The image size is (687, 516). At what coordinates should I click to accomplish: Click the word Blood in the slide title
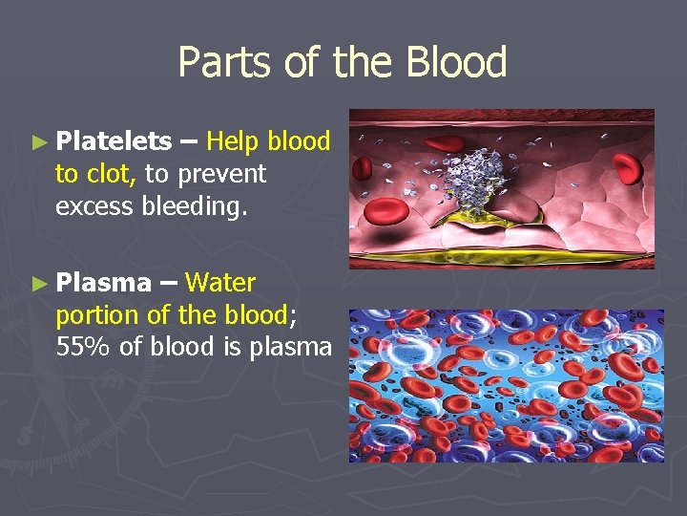(455, 63)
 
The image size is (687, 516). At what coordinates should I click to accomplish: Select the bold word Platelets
(114, 141)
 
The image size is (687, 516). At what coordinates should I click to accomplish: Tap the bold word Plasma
(103, 282)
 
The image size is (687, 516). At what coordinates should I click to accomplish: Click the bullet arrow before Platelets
(38, 142)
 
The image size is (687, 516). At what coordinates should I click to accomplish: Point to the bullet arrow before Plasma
(38, 283)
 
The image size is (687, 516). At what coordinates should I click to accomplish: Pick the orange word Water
(220, 282)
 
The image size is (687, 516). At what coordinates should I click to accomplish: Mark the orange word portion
(96, 314)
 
